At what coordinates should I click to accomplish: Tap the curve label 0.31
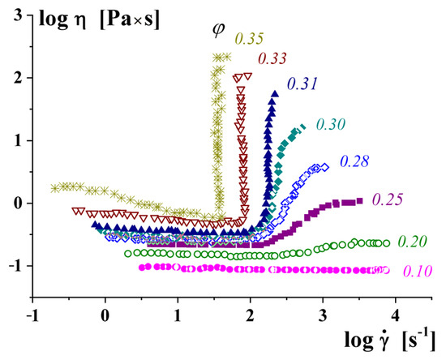pyautogui.click(x=301, y=83)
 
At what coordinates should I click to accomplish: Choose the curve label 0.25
pyautogui.click(x=387, y=199)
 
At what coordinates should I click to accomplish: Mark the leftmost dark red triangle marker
pyautogui.click(x=76, y=211)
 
